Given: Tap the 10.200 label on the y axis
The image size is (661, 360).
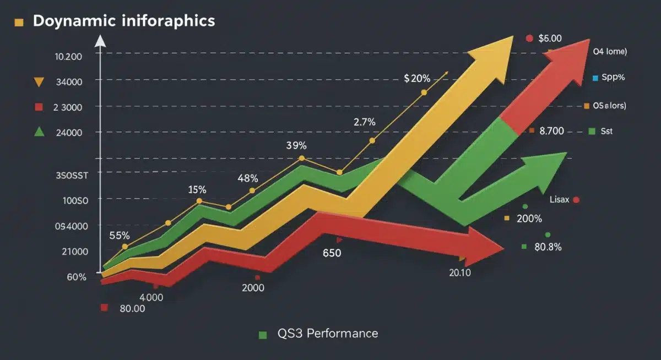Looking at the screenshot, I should coord(69,56).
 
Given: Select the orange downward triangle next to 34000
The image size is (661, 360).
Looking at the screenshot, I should coord(39,83).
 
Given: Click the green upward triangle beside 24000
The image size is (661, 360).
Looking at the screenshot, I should coord(39,131).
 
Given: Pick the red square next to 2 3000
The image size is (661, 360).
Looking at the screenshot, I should coord(39,106).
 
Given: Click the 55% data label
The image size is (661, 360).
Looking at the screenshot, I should coord(120,236).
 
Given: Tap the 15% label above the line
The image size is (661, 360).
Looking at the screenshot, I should coord(197,190).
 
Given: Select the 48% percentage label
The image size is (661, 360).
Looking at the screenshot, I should coord(248,178).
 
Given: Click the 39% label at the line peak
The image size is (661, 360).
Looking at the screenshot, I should coord(296,146).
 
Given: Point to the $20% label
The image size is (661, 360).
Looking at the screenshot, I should coord(417,78).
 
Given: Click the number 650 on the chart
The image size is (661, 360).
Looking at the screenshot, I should coord(332,253).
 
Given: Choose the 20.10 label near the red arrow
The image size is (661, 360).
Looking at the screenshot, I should coord(459,272).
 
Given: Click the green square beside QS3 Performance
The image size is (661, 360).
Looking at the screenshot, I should coord(263,334).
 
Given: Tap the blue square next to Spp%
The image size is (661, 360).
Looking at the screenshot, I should coord(595,78).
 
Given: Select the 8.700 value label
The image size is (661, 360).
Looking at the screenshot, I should coord(551,131).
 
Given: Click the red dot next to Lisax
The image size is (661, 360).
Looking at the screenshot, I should coord(576,200).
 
